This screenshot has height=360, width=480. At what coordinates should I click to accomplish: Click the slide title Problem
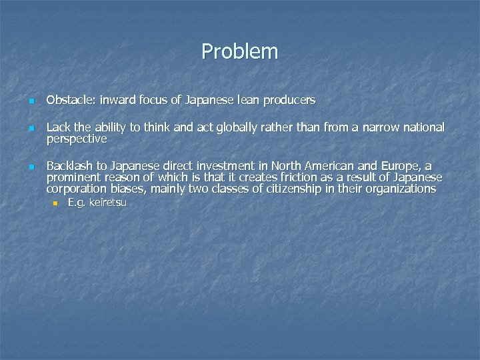(239, 51)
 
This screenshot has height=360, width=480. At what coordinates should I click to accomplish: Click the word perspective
(76, 139)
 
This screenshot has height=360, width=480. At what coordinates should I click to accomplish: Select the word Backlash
(69, 166)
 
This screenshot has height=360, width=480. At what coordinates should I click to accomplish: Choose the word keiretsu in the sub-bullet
(107, 203)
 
